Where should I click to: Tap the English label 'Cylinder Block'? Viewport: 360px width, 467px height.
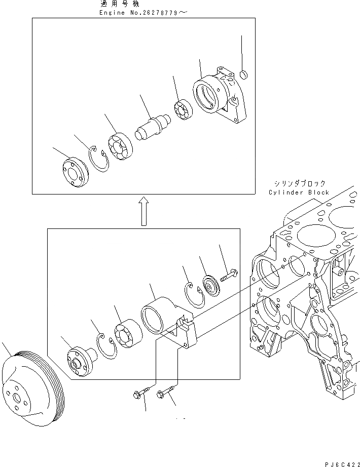(299, 192)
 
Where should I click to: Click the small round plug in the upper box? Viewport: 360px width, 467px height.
(244, 75)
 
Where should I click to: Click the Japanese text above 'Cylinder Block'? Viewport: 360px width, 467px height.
(299, 183)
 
